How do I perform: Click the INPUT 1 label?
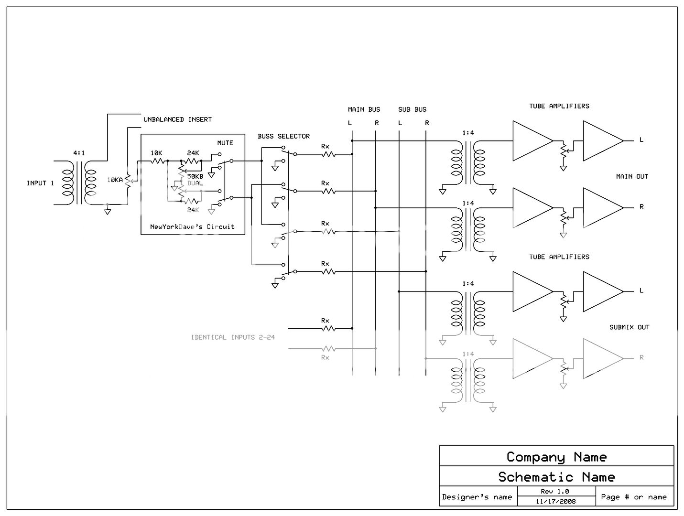click(40, 183)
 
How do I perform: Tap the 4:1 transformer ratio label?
click(79, 153)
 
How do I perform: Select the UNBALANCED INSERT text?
click(177, 119)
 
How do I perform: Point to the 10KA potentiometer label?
click(115, 180)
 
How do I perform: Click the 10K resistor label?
click(156, 153)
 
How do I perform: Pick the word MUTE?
click(225, 143)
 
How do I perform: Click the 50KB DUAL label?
click(195, 180)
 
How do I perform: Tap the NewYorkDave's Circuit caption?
click(192, 226)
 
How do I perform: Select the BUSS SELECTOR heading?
click(283, 136)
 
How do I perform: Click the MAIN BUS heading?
click(364, 109)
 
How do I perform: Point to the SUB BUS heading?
click(412, 109)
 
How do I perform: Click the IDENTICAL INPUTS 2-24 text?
click(233, 337)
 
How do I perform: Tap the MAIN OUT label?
click(632, 176)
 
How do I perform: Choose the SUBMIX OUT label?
click(629, 327)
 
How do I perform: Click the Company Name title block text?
click(556, 457)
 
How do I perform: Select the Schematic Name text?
click(556, 477)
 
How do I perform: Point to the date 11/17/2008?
click(555, 501)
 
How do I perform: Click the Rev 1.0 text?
click(555, 491)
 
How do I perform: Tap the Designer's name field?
click(477, 497)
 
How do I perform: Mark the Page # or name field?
click(634, 497)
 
